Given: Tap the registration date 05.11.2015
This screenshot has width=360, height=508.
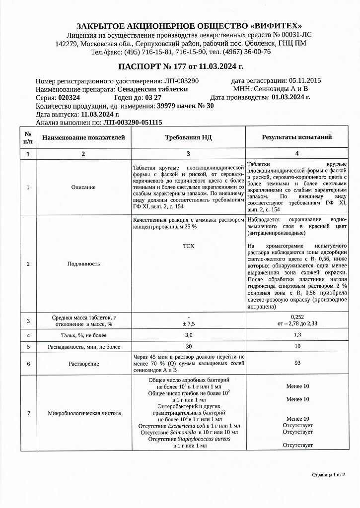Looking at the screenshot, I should click(305, 81).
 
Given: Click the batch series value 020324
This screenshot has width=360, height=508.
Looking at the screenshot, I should click(69, 97).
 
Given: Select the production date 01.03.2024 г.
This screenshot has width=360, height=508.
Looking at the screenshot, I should click(291, 97).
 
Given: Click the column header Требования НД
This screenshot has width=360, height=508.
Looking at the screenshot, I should click(188, 137).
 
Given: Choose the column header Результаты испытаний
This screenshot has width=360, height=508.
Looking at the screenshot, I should click(297, 137).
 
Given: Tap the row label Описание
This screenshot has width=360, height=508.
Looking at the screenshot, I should click(83, 188).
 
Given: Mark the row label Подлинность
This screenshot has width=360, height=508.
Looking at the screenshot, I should click(83, 264).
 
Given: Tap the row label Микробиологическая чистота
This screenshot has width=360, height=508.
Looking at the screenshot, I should click(83, 413).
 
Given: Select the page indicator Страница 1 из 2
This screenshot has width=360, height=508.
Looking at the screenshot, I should click(328, 475).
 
